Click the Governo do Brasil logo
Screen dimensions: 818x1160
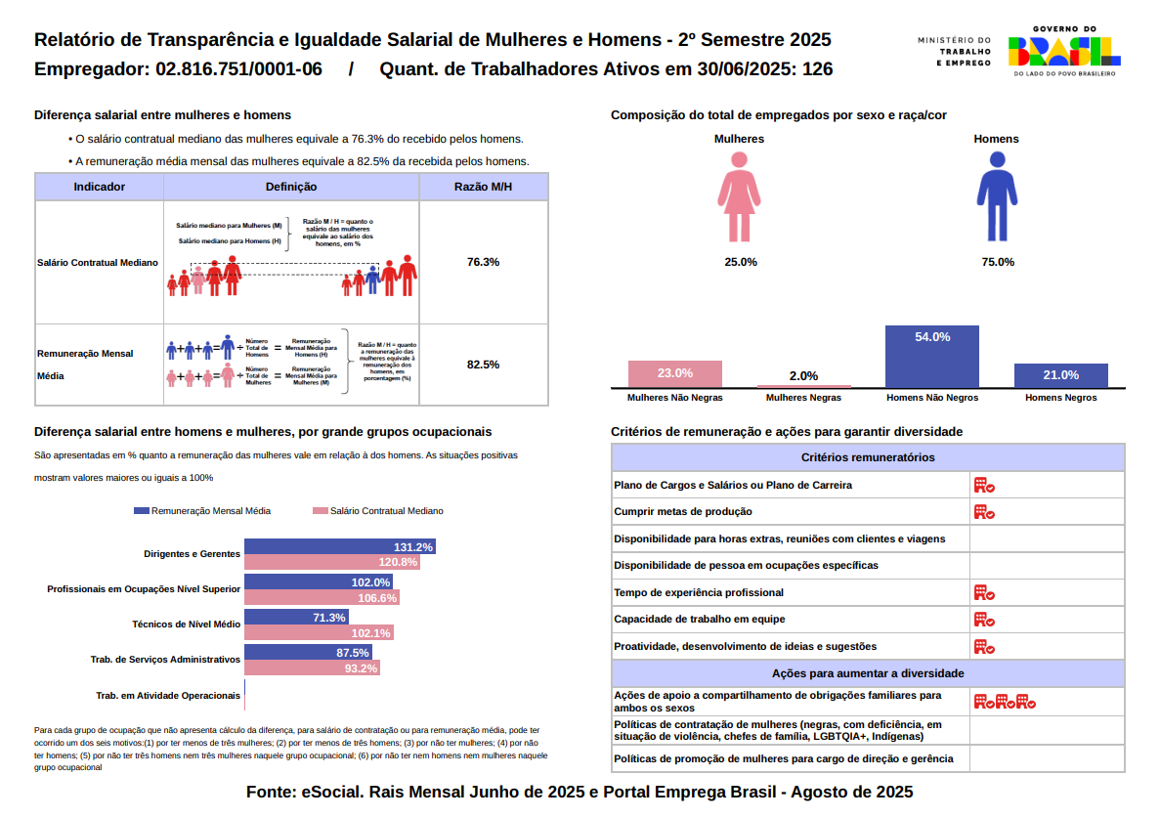[x=1064, y=51]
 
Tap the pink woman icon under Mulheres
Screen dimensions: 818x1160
[x=739, y=199]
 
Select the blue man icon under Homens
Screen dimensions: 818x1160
[x=997, y=199]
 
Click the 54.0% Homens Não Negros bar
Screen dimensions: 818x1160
[x=931, y=357]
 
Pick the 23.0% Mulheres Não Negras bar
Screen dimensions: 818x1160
[x=675, y=374]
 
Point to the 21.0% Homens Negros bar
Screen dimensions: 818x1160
[x=1060, y=375]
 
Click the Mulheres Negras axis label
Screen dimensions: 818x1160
[x=803, y=398]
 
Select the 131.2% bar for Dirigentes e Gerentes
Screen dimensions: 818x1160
[x=339, y=547]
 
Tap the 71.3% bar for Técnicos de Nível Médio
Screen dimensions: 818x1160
[x=296, y=618]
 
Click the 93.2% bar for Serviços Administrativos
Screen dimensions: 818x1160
[x=312, y=668]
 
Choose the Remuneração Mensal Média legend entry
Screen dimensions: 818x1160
[x=202, y=511]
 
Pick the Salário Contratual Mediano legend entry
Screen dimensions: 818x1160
[x=377, y=511]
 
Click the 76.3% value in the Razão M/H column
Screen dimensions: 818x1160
[x=483, y=262]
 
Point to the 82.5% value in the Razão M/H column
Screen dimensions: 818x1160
[x=483, y=365]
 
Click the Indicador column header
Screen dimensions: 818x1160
[x=99, y=187]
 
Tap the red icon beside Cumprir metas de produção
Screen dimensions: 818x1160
[x=983, y=512]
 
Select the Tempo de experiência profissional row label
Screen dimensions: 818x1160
[x=698, y=592]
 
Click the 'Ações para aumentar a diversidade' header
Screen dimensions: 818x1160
[x=867, y=673]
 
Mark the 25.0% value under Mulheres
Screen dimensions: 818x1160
[x=740, y=262]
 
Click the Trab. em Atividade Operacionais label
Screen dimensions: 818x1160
[x=167, y=695]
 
